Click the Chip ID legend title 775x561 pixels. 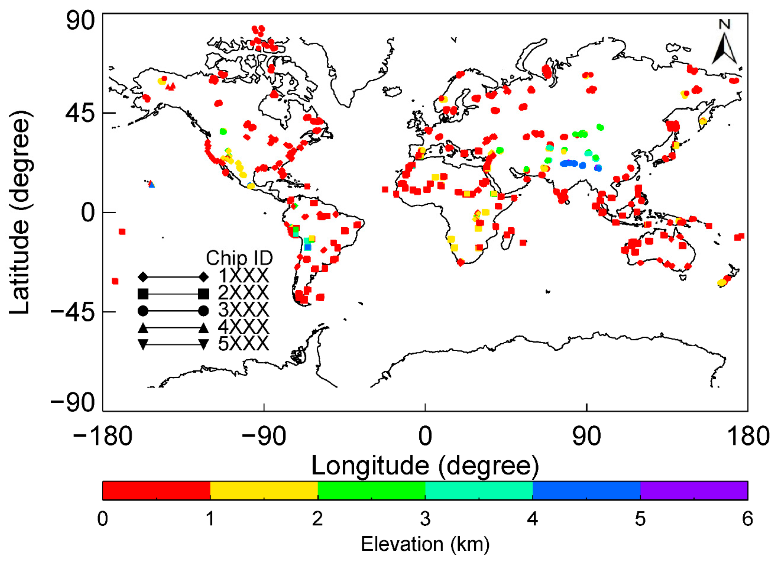click(x=239, y=258)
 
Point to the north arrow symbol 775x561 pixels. click(x=724, y=44)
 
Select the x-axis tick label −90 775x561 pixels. click(x=264, y=436)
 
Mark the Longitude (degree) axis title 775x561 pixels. click(x=425, y=466)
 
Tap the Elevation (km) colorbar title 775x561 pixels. click(x=425, y=544)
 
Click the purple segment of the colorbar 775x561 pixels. click(x=694, y=490)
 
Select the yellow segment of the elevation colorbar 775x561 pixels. click(x=264, y=490)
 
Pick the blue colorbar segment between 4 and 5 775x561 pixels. click(x=586, y=490)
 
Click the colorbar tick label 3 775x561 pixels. click(x=425, y=519)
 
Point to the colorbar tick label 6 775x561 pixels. click(x=747, y=519)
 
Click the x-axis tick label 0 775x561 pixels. click(x=425, y=436)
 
